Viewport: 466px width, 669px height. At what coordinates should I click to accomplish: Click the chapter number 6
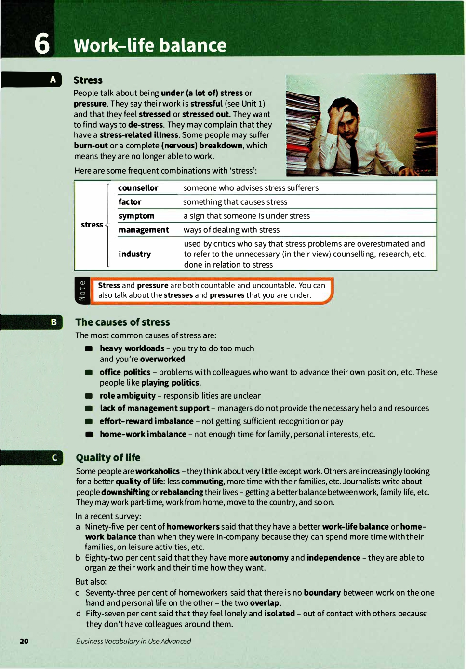(x=42, y=43)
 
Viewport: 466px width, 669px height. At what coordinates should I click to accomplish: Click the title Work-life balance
(x=150, y=46)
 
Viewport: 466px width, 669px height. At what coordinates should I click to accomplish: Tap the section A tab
(x=53, y=80)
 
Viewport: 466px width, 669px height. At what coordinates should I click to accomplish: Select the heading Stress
(x=88, y=80)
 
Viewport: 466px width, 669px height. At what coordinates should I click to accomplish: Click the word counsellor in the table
(x=138, y=188)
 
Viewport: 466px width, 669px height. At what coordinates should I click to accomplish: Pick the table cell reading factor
(x=130, y=202)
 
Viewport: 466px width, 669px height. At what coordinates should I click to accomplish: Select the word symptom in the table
(x=136, y=216)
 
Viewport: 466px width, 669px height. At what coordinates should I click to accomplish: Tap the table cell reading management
(x=144, y=230)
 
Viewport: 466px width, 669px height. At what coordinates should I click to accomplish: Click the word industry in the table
(x=134, y=254)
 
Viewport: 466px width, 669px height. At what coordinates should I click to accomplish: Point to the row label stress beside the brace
(x=92, y=225)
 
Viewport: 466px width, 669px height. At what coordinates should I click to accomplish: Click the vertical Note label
(x=82, y=291)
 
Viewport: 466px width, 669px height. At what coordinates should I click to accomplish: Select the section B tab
(x=53, y=322)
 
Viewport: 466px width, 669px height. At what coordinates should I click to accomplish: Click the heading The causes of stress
(x=122, y=322)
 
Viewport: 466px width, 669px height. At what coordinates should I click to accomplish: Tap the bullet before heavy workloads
(x=89, y=348)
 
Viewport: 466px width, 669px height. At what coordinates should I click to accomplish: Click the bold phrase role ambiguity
(x=127, y=396)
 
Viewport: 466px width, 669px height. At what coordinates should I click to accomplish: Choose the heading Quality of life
(x=108, y=458)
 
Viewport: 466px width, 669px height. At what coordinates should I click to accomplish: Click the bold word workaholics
(x=158, y=471)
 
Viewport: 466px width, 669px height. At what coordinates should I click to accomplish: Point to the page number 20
(x=24, y=641)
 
